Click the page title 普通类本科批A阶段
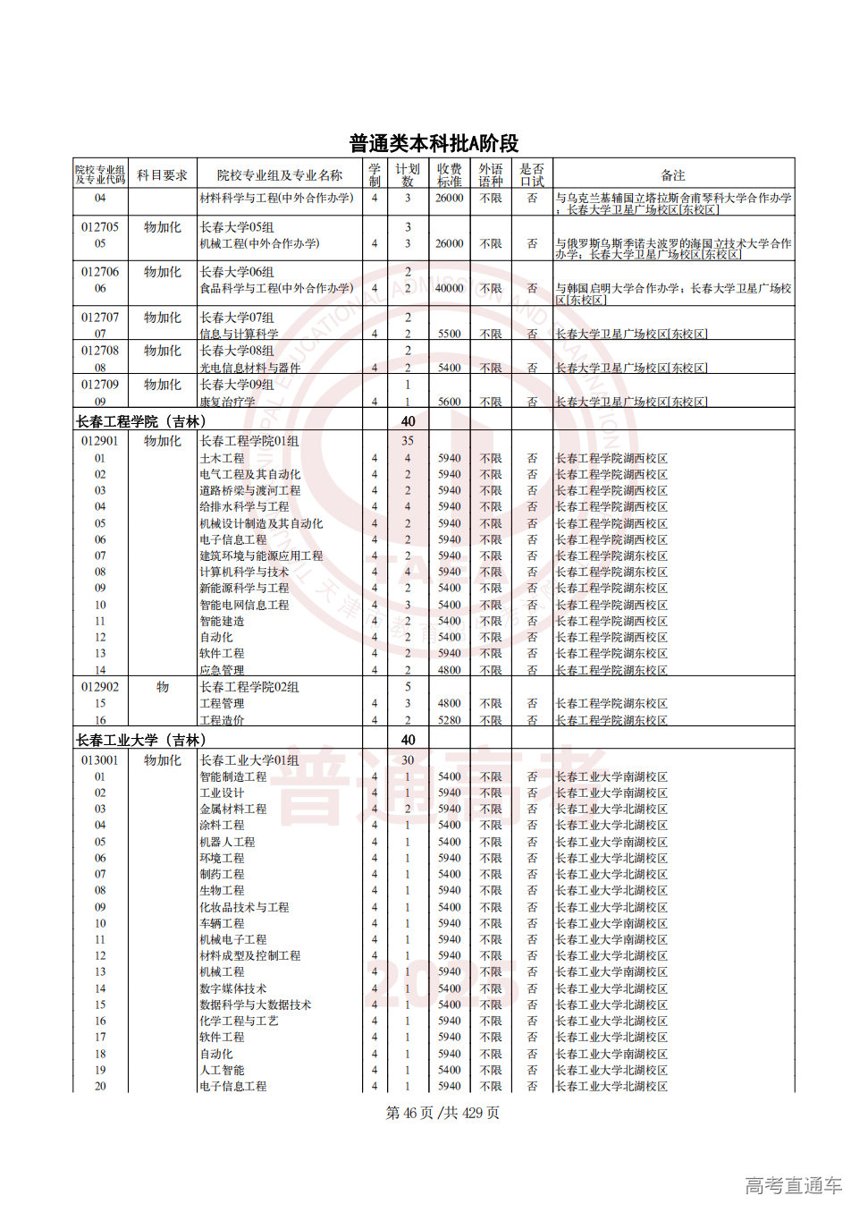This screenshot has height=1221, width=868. point(434,143)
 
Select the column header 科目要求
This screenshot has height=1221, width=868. point(162,175)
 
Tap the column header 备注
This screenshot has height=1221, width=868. point(672,175)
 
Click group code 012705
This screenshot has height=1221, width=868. point(99,227)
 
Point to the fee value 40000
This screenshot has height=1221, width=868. point(449,288)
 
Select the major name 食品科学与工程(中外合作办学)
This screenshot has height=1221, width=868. point(276,288)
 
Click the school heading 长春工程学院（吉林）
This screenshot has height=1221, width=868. point(141,421)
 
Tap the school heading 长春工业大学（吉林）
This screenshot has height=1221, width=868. point(141,740)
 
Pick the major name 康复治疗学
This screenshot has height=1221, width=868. point(227,402)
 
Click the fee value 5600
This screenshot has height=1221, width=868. point(449,402)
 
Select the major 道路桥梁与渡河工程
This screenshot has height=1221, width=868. point(249,490)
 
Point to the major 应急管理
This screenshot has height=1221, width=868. point(222,670)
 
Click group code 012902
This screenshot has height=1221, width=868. point(99,687)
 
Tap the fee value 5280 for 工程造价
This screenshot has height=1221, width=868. point(449,720)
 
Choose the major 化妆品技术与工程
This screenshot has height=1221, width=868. point(244,907)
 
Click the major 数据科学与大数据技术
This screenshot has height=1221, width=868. point(255,1005)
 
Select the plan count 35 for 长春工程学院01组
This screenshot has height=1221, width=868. point(408,441)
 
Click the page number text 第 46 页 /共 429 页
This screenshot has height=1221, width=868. point(442,1113)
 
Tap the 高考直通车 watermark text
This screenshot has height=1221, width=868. point(793,1185)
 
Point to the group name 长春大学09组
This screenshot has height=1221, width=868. point(237,385)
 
